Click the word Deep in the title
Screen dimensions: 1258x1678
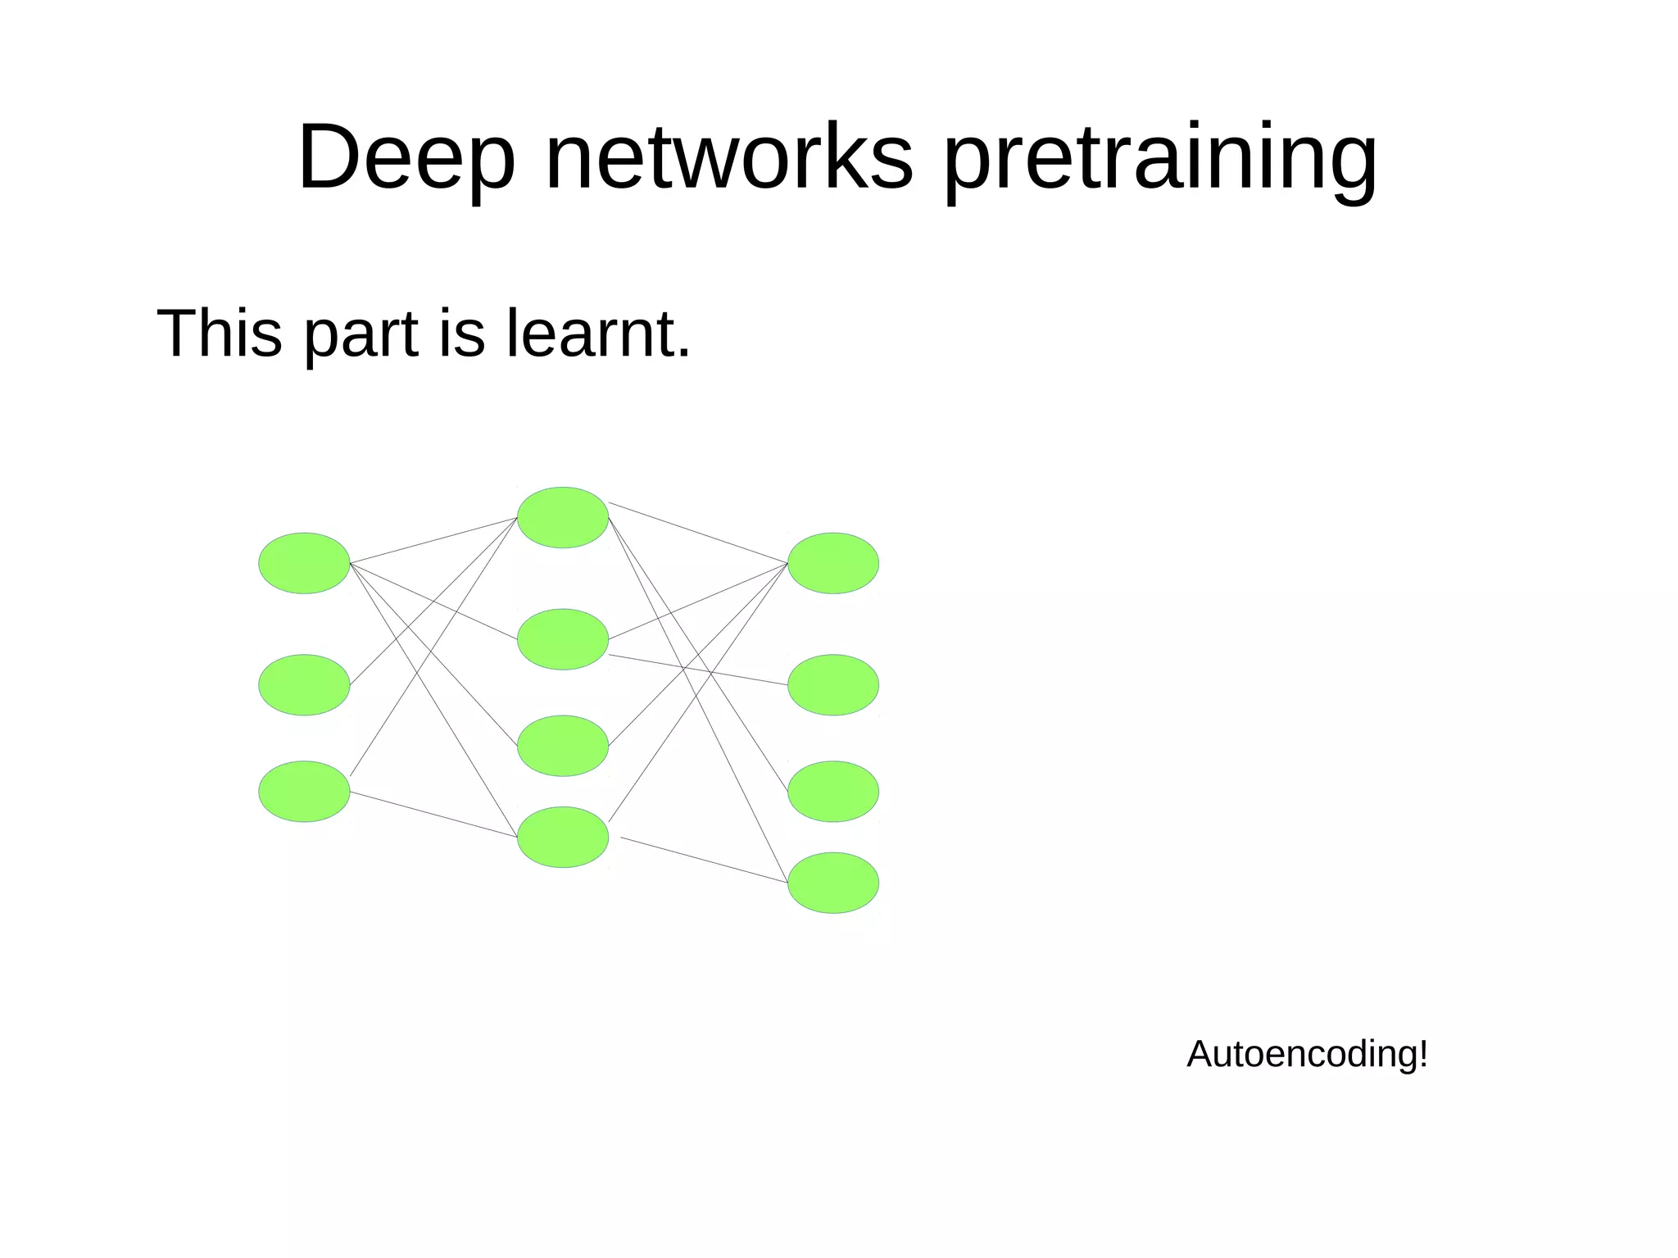406,157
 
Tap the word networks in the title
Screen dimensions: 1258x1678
728,157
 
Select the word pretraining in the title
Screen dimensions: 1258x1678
1160,157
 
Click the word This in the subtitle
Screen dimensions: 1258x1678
219,334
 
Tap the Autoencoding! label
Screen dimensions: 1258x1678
1307,1054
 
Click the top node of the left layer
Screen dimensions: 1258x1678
304,563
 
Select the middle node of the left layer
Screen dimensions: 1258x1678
304,685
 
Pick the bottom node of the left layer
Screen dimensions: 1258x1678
304,792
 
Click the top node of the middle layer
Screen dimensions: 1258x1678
563,517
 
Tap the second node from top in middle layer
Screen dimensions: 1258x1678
563,639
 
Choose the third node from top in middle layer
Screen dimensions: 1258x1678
563,746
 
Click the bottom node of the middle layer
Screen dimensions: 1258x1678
563,838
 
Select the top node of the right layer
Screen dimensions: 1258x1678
833,563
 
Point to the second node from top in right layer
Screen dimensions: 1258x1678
833,685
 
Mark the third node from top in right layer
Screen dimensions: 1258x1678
833,792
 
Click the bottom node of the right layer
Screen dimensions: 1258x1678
833,883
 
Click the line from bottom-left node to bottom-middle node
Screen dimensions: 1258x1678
433,815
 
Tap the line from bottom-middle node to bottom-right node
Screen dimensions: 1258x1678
705,861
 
